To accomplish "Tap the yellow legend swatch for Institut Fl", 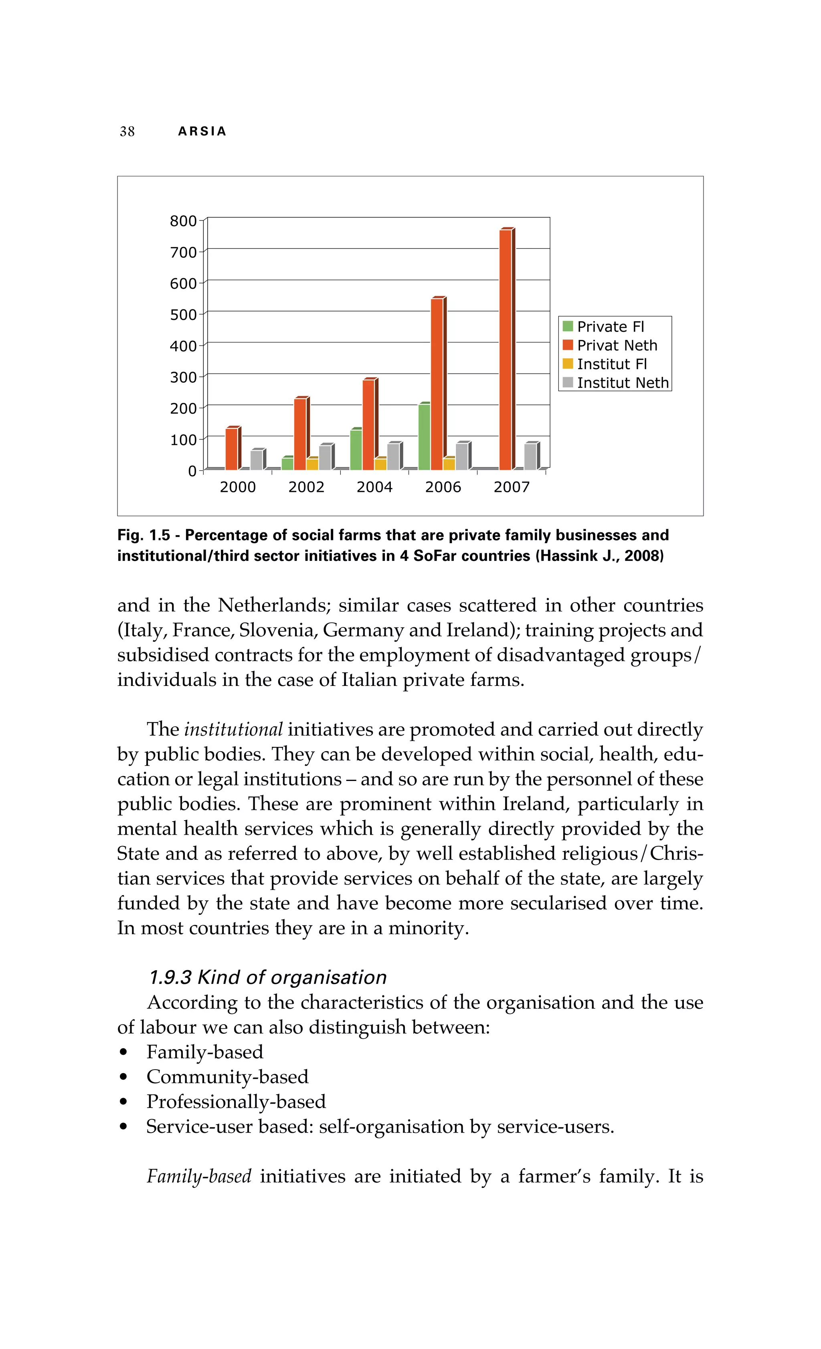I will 568,364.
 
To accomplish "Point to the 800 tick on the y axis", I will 183,221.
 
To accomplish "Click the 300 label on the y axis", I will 183,377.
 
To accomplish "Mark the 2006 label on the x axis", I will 443,487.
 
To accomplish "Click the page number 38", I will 127,131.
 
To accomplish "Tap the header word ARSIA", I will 202,131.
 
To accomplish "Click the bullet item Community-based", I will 227,1076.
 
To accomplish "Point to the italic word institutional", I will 233,729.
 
